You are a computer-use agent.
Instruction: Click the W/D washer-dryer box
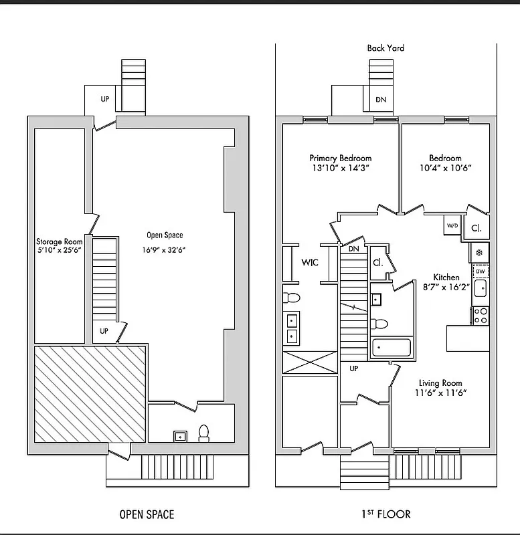pos(452,226)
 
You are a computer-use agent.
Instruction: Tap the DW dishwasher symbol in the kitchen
pos(481,271)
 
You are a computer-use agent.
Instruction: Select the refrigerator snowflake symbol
pos(479,252)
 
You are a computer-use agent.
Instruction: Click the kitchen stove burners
pos(481,315)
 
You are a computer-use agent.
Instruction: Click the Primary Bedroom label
pos(340,158)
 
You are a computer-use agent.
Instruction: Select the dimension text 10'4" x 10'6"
pos(445,168)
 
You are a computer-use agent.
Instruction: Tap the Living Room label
pos(438,383)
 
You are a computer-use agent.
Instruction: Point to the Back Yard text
pos(385,48)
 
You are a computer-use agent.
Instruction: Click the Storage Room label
pos(60,241)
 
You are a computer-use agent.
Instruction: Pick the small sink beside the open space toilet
pos(179,437)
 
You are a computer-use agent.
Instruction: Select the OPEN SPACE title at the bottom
pos(147,514)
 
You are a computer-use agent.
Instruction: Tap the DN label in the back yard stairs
pos(381,100)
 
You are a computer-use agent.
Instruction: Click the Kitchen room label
pos(446,277)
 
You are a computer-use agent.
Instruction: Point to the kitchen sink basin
pos(480,289)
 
